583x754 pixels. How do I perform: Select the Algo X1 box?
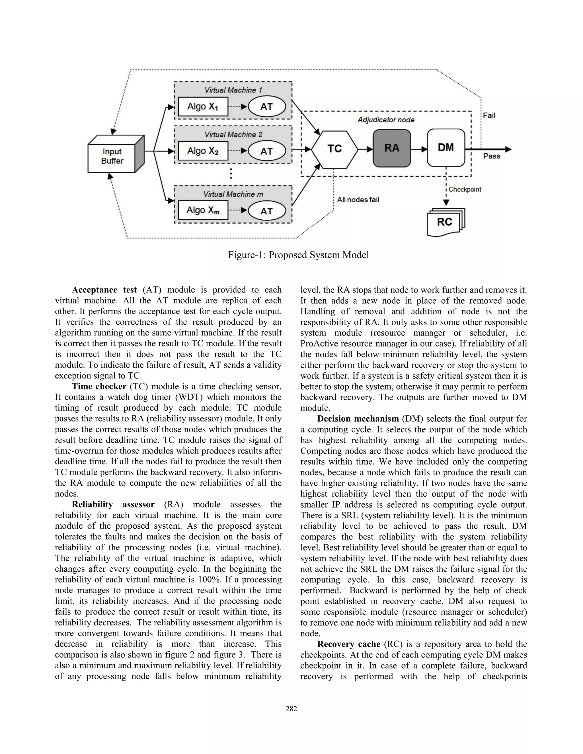click(203, 107)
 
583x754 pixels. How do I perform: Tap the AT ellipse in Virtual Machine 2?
click(267, 151)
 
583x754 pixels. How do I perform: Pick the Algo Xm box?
click(203, 210)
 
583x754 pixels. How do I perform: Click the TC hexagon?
click(334, 149)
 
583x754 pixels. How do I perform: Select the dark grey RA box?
click(392, 148)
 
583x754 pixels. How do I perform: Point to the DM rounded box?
click(446, 148)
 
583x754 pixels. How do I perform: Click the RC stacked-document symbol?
click(445, 222)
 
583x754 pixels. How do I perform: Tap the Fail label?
click(489, 116)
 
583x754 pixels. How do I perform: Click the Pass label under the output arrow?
click(491, 156)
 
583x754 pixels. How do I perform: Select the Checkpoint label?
click(465, 189)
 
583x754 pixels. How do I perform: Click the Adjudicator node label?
click(386, 120)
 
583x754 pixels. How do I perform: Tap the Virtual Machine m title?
click(233, 194)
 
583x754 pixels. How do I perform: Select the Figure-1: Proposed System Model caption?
click(298, 255)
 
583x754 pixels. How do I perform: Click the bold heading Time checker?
click(99, 386)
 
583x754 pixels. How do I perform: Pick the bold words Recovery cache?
click(348, 644)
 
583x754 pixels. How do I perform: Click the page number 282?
click(291, 709)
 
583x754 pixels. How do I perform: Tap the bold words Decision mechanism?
click(358, 419)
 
